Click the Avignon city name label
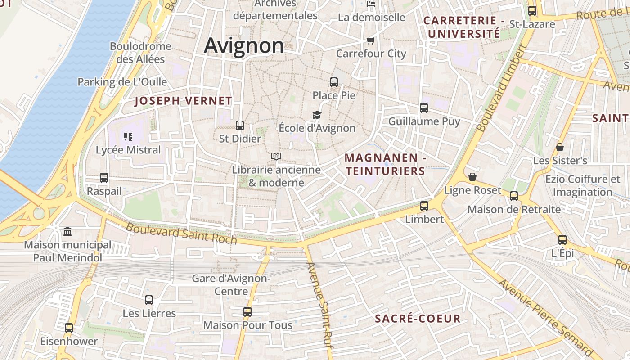244,45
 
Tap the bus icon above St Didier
240,126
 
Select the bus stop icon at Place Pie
334,82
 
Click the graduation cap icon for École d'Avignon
317,115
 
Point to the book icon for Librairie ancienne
276,157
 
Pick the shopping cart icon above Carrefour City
371,41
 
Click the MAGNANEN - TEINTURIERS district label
385,165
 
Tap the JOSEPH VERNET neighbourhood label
183,101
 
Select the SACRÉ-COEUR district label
418,319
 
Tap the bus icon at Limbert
424,206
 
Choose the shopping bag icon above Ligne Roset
472,177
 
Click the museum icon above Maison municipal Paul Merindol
67,232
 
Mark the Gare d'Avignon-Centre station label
231,285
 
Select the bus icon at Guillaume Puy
424,108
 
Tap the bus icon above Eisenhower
69,328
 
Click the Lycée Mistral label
128,150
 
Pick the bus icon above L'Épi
562,240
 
